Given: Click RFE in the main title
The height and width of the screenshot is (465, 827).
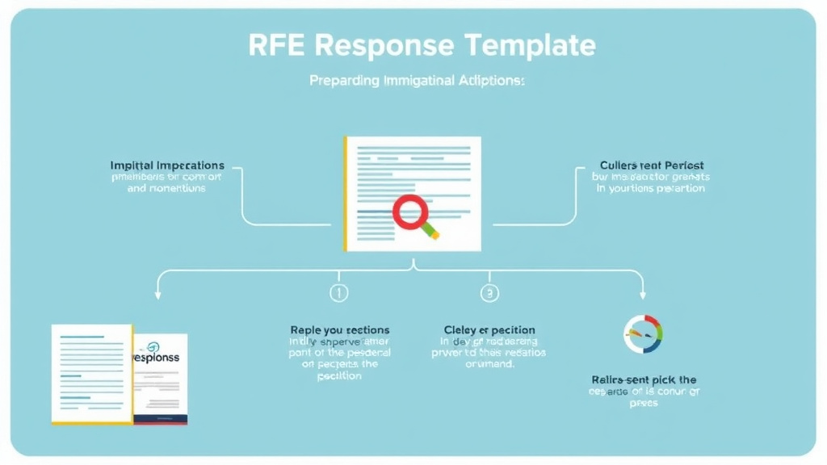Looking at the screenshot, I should pos(275,44).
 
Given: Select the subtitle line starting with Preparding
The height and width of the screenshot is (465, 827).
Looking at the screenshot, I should pos(417,82).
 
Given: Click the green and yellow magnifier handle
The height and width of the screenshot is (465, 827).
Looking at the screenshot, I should pos(430,231).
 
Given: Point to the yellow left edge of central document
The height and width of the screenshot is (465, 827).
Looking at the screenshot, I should pos(346,194).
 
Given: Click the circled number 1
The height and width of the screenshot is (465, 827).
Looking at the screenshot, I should pos(339,293).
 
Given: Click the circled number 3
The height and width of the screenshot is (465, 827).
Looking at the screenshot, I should pos(489,293).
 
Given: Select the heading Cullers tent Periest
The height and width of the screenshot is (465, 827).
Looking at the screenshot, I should pos(652,165).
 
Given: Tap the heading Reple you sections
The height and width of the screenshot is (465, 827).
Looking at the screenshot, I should pos(339,330).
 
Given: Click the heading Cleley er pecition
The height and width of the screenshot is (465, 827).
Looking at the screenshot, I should pos(489,330).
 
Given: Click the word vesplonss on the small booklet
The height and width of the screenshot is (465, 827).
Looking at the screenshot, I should pos(157,356).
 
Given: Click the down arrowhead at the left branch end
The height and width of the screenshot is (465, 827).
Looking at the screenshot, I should pos(158,295).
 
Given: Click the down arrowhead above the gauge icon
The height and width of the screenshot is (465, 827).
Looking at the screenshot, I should pos(643,295).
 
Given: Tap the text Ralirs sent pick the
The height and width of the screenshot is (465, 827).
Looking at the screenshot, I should pos(643,379).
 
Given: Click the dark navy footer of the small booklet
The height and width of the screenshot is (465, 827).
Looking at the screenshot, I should pos(161,419).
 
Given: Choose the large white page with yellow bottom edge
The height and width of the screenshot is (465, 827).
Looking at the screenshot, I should pos(90,373).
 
